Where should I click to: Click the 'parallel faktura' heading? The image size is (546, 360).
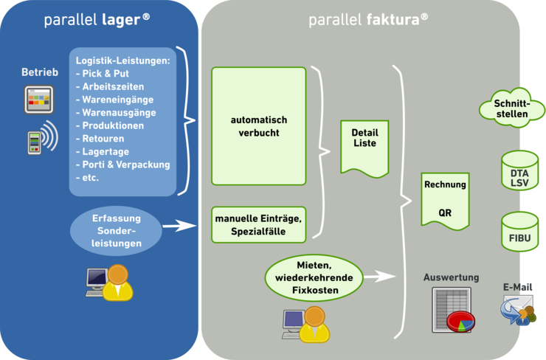(x=368, y=20)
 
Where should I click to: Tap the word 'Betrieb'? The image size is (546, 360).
(x=40, y=72)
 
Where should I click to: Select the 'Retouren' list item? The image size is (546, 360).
(x=103, y=138)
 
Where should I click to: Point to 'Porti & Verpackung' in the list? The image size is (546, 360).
(x=126, y=165)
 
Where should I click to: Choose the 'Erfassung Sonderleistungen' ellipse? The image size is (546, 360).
(x=117, y=229)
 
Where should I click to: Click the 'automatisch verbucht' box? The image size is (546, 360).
(x=258, y=126)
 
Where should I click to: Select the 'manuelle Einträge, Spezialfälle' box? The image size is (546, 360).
(x=258, y=225)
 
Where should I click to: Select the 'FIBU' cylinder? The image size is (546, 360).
(x=519, y=232)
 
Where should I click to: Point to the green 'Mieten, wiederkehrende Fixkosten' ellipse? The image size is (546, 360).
(x=314, y=279)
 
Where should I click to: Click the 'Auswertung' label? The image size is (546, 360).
(x=452, y=277)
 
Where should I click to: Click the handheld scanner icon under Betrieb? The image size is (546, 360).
(x=34, y=142)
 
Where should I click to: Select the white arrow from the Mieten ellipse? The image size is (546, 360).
(x=381, y=277)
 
